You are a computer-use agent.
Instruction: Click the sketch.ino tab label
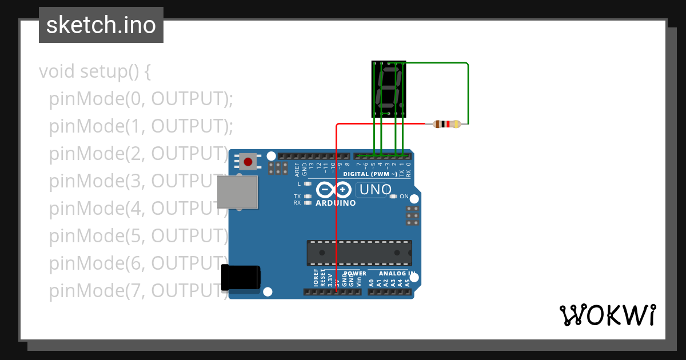click(x=101, y=25)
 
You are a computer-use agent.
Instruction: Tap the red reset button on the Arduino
click(x=248, y=162)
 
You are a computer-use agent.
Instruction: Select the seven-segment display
click(x=389, y=89)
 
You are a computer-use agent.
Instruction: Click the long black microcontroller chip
click(x=359, y=252)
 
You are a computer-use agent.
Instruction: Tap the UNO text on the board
click(x=375, y=190)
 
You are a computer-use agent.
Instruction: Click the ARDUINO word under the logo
click(x=336, y=203)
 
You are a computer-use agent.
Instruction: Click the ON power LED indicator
click(x=393, y=197)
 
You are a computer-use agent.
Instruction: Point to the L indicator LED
click(x=308, y=184)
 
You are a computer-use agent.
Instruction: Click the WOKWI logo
click(x=607, y=315)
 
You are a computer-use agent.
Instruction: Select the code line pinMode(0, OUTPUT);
click(x=141, y=99)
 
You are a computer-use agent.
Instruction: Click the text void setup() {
click(x=95, y=72)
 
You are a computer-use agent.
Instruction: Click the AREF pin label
click(x=297, y=169)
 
